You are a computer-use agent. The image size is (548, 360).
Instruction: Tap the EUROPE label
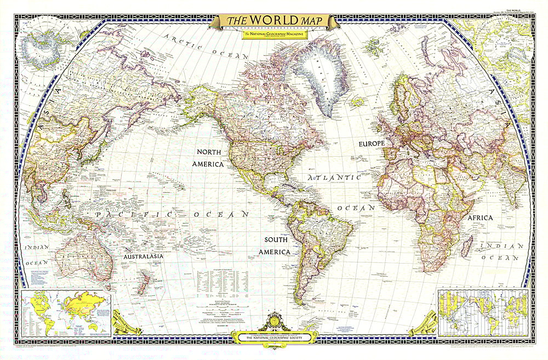372,144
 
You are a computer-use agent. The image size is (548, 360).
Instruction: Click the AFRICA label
480,218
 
